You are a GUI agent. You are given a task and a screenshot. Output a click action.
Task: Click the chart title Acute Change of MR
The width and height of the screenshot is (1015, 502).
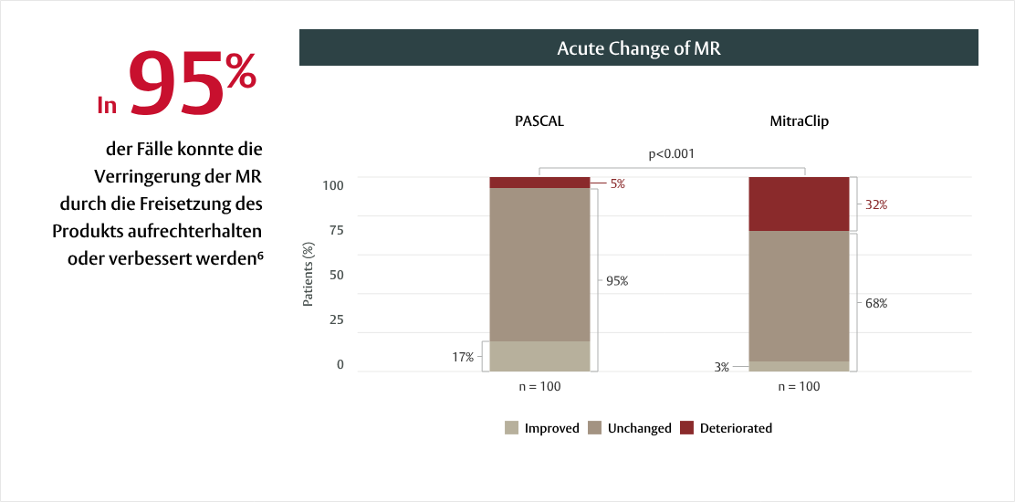pos(638,48)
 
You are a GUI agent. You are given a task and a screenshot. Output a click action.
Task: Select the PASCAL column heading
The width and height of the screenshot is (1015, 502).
pos(539,120)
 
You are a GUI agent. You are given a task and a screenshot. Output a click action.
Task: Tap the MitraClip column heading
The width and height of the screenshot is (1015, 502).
pos(799,120)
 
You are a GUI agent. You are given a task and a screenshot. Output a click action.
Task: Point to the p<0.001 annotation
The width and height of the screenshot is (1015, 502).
pos(671,153)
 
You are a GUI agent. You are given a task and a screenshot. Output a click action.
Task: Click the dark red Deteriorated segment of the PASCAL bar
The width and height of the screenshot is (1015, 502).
pos(539,183)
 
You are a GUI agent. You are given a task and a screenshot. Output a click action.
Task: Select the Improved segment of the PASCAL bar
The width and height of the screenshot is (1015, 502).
pos(539,356)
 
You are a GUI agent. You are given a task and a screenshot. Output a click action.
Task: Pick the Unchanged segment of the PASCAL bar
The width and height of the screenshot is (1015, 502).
pos(539,265)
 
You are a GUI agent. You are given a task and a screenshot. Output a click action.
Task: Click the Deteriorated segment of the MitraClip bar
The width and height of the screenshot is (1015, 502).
pos(799,204)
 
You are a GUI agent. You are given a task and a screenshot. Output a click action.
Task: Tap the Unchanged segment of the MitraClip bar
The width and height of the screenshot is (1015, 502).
pos(799,296)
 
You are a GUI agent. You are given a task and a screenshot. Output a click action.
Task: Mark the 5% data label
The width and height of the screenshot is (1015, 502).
pos(618,183)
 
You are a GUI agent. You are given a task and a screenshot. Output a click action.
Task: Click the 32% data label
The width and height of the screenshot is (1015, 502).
pos(876,205)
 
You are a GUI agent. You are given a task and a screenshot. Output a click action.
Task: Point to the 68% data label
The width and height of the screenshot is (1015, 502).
pos(876,303)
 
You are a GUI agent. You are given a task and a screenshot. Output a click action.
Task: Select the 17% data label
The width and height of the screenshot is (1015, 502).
pos(463,357)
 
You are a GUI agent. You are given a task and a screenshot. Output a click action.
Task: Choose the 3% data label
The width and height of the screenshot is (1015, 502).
pos(722,367)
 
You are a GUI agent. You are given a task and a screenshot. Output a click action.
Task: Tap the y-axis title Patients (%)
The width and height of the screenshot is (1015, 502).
pos(309,274)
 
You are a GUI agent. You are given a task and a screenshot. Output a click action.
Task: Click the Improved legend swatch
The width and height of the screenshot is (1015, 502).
pos(512,427)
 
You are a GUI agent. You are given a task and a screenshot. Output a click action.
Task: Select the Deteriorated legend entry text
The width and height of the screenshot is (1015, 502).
pos(736,428)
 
